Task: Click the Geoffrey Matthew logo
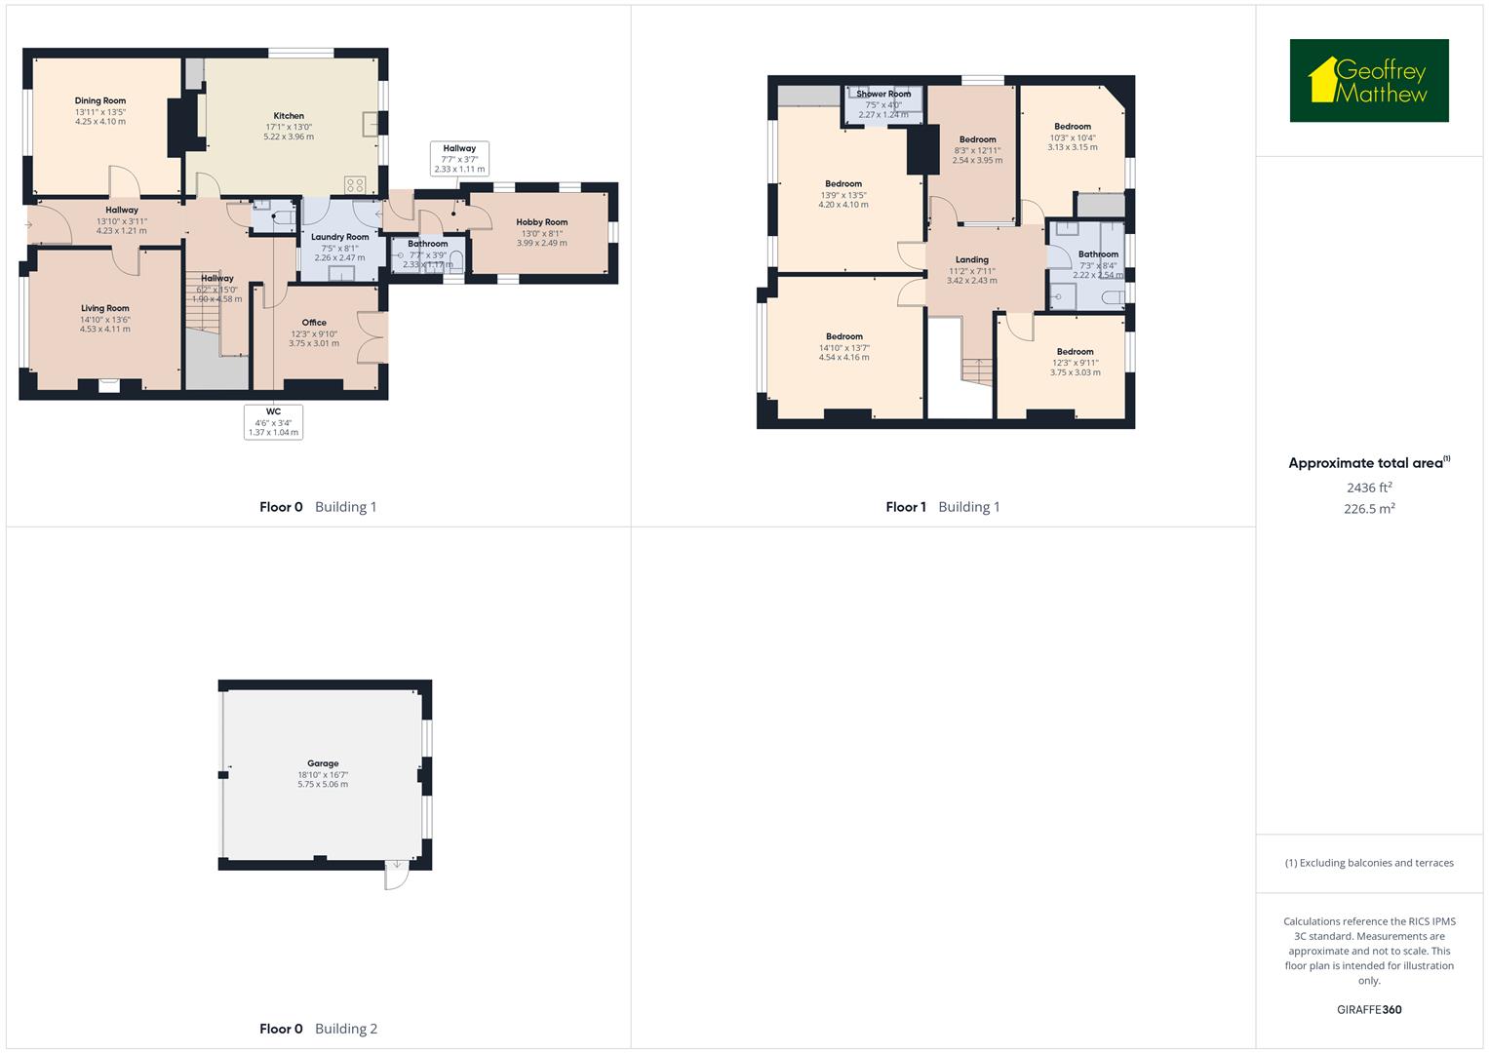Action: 1368,81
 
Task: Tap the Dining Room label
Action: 100,100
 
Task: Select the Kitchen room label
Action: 289,116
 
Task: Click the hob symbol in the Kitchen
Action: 355,184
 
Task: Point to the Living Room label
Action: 105,308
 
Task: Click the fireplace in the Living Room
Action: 108,385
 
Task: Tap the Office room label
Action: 314,323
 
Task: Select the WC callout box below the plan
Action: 273,422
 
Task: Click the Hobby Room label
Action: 542,222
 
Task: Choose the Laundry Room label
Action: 339,237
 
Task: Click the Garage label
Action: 323,763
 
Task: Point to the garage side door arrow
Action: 397,865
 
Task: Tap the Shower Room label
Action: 883,95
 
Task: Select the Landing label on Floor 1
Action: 971,260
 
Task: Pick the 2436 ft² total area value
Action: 1369,487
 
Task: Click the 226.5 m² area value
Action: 1369,509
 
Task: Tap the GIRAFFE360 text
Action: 1369,1010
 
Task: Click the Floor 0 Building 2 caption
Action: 318,1029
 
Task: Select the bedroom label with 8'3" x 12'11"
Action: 977,139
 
